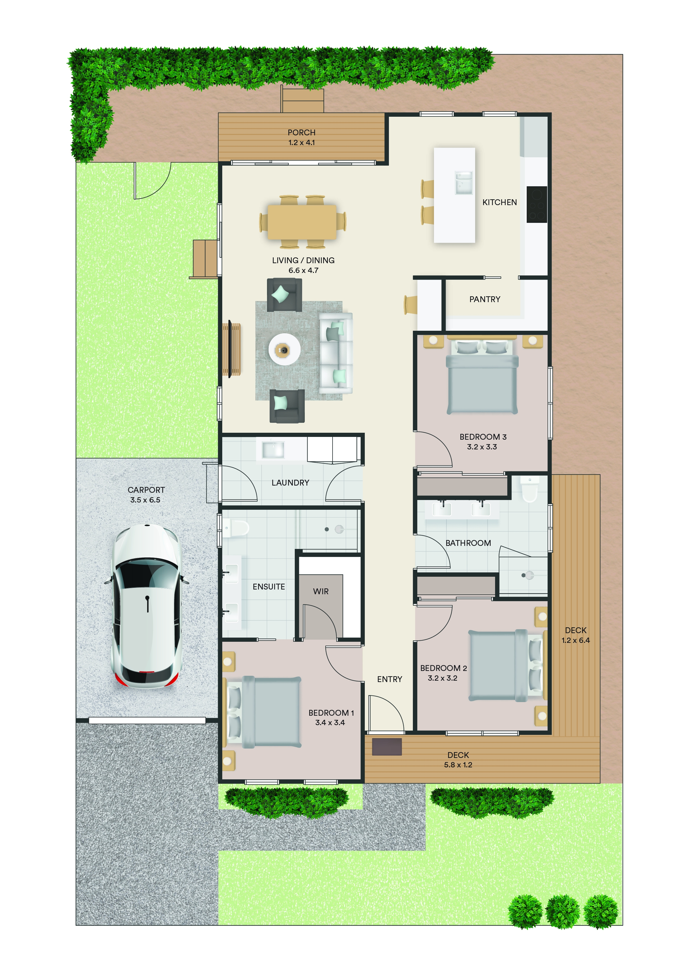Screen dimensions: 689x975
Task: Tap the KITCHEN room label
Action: [499, 203]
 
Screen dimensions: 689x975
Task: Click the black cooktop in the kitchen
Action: [536, 204]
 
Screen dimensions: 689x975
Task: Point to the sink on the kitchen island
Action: [464, 183]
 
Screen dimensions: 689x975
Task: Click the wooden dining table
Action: [302, 222]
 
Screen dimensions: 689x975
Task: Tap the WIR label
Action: [321, 591]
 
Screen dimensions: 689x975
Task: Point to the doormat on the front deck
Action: [387, 747]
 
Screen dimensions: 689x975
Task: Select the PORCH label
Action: [301, 133]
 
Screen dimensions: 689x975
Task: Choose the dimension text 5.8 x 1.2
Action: [458, 765]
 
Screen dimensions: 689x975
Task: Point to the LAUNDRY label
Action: [290, 483]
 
